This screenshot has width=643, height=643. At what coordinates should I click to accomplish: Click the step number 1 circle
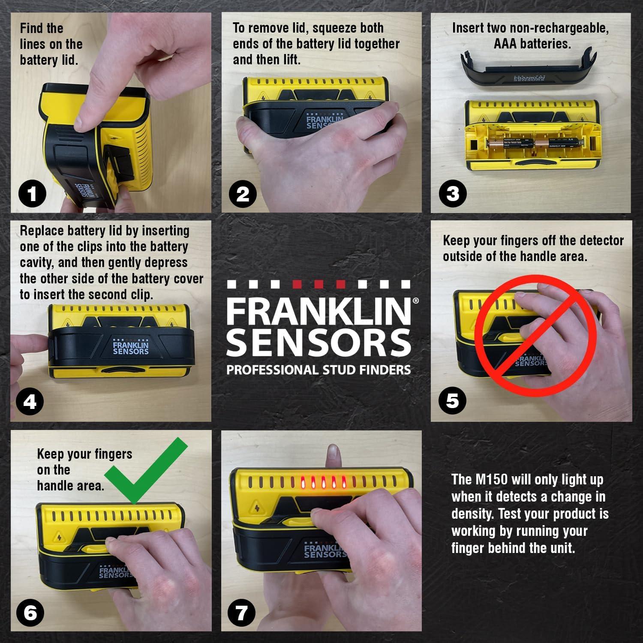(32, 195)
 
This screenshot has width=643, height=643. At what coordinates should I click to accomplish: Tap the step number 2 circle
(243, 194)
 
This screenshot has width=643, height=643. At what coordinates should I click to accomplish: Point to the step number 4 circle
(30, 402)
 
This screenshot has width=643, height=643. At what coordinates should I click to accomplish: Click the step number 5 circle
(453, 400)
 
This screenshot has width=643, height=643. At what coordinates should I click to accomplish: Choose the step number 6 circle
(30, 613)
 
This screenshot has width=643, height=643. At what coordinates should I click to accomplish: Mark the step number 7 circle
(242, 613)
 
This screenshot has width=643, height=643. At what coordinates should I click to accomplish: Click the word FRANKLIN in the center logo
(318, 312)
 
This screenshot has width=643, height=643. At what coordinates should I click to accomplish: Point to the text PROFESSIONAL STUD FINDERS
(318, 370)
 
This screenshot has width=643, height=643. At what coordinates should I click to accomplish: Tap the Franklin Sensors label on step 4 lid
(130, 348)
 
